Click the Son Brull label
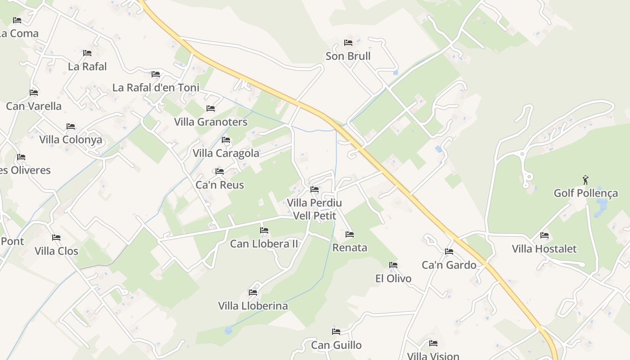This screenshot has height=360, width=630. [x=348, y=56]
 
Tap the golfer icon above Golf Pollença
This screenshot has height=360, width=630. [x=585, y=180]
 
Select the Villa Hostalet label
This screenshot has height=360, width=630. [x=544, y=249]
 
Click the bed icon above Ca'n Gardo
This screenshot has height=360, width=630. [x=449, y=252]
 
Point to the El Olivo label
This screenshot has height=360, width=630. [x=393, y=279]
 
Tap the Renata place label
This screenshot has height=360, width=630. [x=350, y=247]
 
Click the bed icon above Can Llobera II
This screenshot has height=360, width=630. [x=264, y=230]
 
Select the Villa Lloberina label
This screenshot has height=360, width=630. [x=253, y=306]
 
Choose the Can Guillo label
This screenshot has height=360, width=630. [x=336, y=345]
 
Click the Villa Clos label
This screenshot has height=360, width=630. [x=56, y=251]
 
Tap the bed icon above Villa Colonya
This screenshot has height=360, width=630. [x=71, y=126]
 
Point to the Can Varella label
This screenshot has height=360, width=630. [x=34, y=106]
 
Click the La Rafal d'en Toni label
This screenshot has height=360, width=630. [x=156, y=87]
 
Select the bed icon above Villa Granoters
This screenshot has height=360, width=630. [x=210, y=108]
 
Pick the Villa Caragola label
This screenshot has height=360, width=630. [x=226, y=153]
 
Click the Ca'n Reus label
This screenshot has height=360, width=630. [x=220, y=185]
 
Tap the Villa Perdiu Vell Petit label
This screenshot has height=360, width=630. [x=315, y=209]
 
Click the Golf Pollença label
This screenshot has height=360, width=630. [x=585, y=193]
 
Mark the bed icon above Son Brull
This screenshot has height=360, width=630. [x=348, y=43]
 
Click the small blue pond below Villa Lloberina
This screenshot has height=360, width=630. [x=228, y=331]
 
